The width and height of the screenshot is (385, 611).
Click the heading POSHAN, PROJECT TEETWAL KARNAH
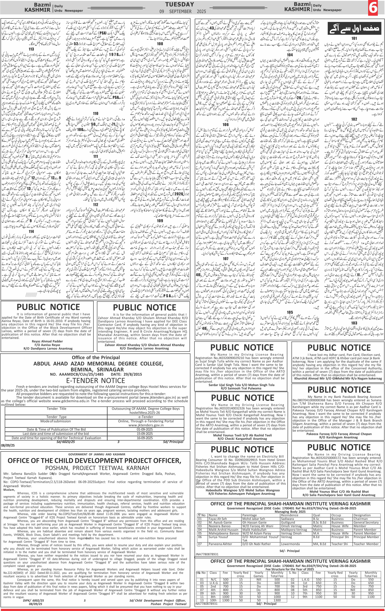click(97, 468)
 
